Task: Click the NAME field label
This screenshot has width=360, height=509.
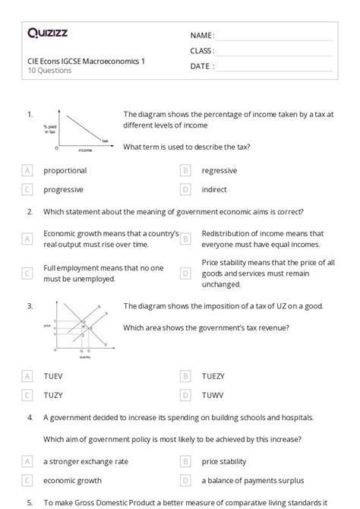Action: (x=201, y=35)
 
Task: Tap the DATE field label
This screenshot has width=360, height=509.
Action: (x=201, y=66)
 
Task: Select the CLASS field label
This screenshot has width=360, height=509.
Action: (x=202, y=51)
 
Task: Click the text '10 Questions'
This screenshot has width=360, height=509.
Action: (x=49, y=71)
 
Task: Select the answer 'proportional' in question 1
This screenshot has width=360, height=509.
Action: (x=65, y=171)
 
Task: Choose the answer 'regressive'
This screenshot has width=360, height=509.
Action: (x=219, y=171)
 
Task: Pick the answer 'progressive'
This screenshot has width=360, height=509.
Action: (x=63, y=189)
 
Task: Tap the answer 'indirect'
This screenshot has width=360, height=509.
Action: (x=214, y=189)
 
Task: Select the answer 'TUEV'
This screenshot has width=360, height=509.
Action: (x=54, y=376)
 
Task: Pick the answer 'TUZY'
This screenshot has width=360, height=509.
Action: (x=54, y=394)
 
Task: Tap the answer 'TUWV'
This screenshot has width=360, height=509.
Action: (x=213, y=394)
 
